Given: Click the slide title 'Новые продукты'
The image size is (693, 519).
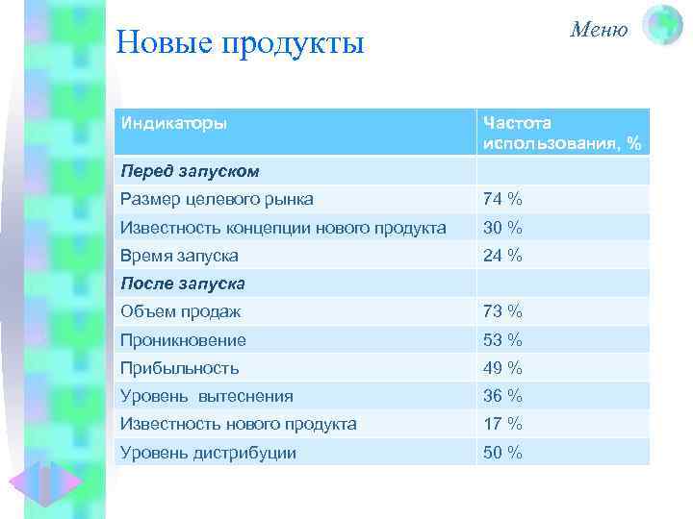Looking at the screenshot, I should point(240,43).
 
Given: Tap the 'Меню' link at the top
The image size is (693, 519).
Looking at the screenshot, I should point(599,30).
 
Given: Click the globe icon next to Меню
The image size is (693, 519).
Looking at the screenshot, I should point(661,27).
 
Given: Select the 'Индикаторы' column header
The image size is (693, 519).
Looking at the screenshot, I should point(174,124).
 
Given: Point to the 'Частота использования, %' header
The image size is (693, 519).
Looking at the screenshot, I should point(563,134).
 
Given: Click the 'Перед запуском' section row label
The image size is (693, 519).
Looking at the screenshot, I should point(190,171).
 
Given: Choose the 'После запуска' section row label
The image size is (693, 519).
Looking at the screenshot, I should point(183,284).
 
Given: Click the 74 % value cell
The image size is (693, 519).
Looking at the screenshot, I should point(502,200).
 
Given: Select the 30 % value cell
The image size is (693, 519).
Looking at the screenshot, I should point(502,228).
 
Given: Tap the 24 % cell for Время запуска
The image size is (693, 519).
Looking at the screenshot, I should point(502,256).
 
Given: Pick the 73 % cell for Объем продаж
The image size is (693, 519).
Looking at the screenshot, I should point(502,311).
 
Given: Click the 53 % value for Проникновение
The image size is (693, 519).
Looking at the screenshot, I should point(502,339).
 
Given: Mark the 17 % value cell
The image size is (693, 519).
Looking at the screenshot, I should point(502,424).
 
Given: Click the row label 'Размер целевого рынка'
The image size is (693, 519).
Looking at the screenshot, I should point(217,200).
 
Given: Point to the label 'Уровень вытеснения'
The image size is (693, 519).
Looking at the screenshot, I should point(207,396).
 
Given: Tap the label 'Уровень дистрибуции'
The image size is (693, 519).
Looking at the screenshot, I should point(208,452).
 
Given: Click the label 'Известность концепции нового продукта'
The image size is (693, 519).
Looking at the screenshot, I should point(283,228).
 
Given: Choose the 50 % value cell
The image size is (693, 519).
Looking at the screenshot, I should point(502,452).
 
